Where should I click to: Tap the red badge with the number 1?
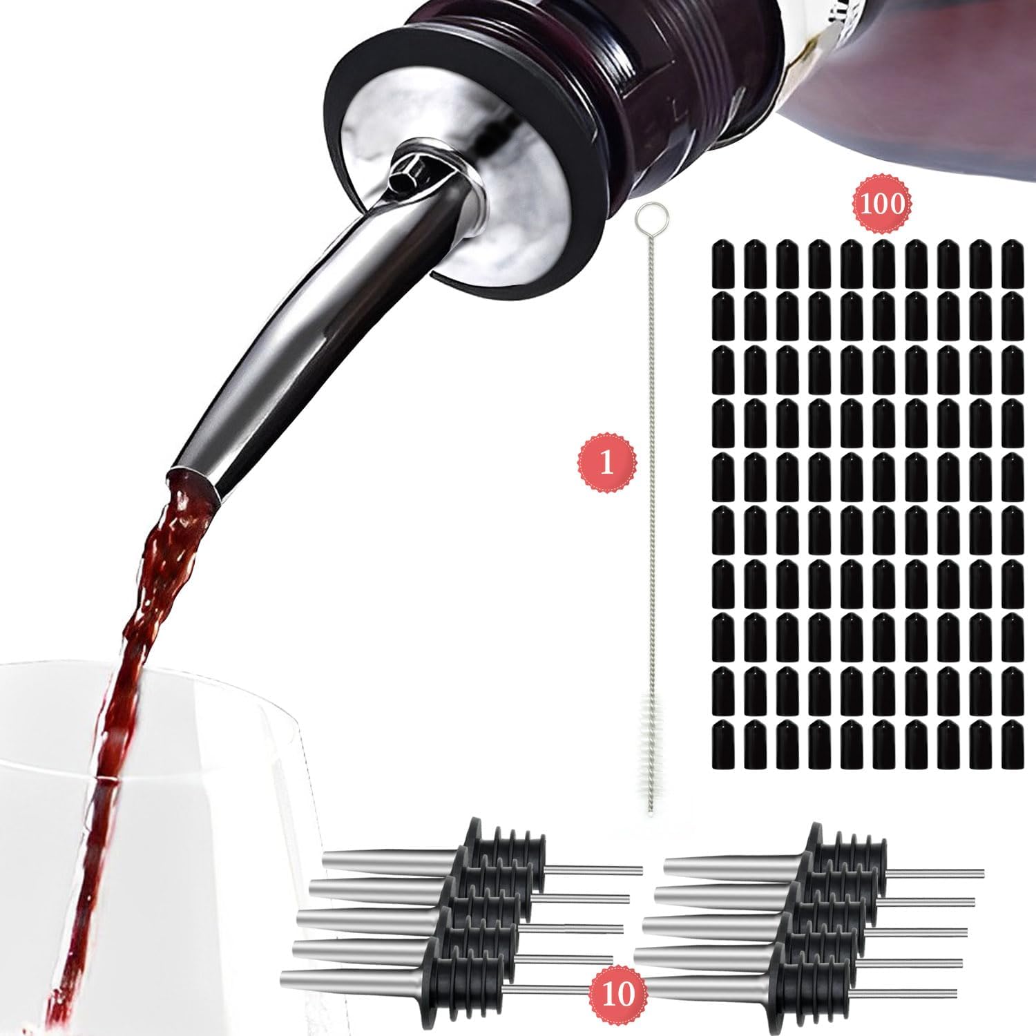[x=606, y=463]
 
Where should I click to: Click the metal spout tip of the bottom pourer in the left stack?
[x=285, y=977]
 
